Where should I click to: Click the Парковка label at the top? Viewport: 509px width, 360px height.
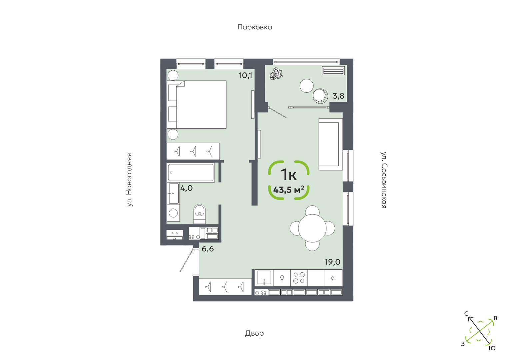click(x=255, y=27)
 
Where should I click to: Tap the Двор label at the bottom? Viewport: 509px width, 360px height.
click(x=254, y=333)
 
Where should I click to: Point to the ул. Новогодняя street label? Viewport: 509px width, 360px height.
click(x=129, y=180)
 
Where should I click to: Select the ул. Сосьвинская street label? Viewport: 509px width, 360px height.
click(x=384, y=180)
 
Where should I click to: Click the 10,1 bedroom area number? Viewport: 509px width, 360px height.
click(x=245, y=75)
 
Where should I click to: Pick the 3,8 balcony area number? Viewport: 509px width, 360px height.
click(x=338, y=96)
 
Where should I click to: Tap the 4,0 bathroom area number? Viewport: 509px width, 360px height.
click(x=187, y=188)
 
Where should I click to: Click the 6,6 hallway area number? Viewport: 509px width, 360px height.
click(x=208, y=249)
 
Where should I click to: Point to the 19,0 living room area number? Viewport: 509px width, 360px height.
click(x=332, y=262)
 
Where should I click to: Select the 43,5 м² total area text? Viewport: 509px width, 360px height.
click(x=289, y=190)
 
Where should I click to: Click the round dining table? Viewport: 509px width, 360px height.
click(x=312, y=228)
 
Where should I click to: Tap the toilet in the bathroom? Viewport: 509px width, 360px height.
click(x=200, y=214)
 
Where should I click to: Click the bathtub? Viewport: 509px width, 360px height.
click(x=191, y=172)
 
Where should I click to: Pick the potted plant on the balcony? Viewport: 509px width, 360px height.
click(x=276, y=74)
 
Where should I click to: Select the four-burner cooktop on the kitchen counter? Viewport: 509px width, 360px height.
click(x=299, y=278)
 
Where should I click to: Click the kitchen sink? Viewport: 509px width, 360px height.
click(x=264, y=278)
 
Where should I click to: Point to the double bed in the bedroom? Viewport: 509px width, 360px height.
click(x=197, y=104)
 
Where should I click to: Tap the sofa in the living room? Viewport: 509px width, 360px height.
click(x=331, y=144)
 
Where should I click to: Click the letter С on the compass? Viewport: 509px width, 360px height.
click(x=466, y=314)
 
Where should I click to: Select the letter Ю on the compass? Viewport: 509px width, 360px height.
click(x=492, y=348)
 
